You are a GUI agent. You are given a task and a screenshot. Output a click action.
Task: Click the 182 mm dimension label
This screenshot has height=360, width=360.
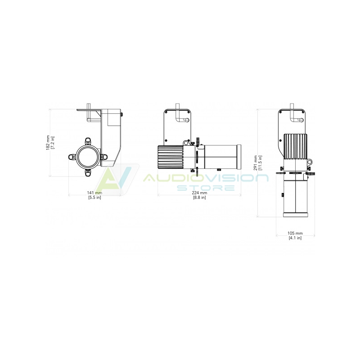coord(48,143)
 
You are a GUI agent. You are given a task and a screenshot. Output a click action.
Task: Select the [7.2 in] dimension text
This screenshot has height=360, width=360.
coord(53,143)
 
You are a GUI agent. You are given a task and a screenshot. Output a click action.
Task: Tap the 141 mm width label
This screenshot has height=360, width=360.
coord(94,193)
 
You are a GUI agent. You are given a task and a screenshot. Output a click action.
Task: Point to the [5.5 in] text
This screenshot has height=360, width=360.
coord(94,197)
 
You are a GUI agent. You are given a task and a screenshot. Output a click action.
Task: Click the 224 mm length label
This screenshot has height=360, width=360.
coord(199,193)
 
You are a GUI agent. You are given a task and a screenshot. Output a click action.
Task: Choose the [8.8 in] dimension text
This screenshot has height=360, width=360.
coord(199,197)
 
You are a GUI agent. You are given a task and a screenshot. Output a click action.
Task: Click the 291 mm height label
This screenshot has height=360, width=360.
coord(256,163)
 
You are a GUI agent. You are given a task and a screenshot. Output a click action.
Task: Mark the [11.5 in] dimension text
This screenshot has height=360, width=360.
coord(260,163)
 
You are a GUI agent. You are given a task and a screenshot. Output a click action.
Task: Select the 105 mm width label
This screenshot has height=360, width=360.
coord(295,233)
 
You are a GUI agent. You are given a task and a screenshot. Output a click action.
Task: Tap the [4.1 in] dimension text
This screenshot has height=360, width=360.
coord(295,238)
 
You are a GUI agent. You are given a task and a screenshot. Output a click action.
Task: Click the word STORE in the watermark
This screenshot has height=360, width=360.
coord(206,188)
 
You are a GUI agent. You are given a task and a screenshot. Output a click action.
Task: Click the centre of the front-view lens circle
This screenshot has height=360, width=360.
coord(88,157)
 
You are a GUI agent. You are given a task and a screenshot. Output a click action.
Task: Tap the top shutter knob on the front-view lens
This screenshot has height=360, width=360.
coord(88,141)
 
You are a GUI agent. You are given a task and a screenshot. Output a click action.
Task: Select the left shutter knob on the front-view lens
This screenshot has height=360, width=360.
coord(72,157)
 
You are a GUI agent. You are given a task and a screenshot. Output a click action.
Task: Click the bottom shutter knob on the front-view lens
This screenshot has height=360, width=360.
coord(88,172)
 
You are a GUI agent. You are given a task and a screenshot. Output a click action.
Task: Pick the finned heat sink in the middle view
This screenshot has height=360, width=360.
coord(171,157)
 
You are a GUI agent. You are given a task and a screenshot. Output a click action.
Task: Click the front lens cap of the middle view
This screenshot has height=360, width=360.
coord(239,157)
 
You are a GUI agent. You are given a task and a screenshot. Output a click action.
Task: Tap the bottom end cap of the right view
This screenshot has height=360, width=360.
coord(295,215)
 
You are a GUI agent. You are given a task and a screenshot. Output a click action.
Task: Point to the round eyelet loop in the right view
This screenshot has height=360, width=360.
coord(310,162)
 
